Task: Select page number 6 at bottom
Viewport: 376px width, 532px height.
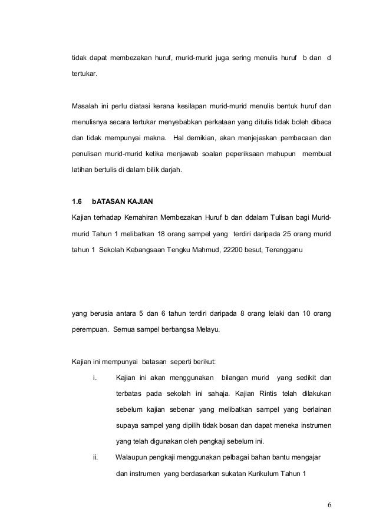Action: (329, 506)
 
